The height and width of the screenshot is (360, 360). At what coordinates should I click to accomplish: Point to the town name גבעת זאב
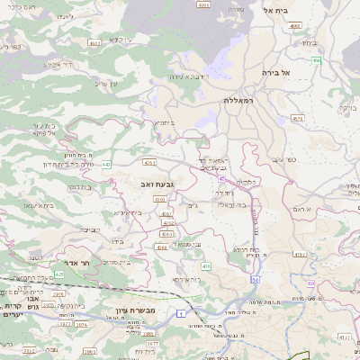(x=157, y=184)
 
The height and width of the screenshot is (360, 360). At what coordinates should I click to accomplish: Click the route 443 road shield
(x=107, y=165)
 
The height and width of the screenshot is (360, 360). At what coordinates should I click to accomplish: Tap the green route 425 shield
(x=59, y=274)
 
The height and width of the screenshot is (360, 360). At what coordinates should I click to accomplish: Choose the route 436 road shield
(x=206, y=266)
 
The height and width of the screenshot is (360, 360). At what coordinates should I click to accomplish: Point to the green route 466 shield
(x=317, y=59)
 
